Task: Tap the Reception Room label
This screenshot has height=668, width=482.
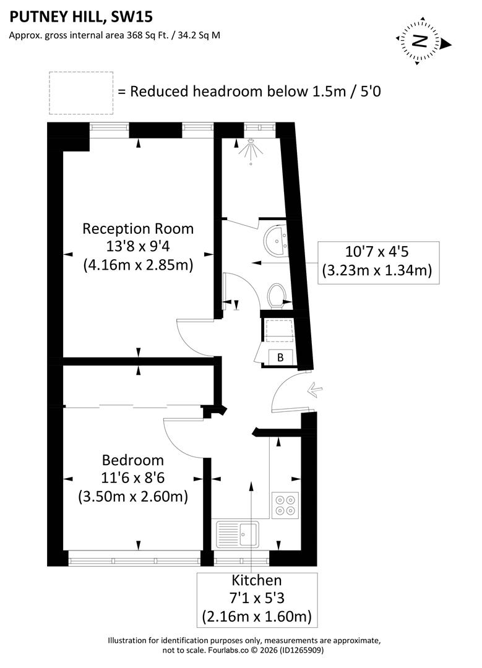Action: coord(138,229)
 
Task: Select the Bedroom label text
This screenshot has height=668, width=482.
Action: coord(133,460)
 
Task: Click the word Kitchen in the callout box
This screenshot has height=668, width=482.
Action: coord(256,580)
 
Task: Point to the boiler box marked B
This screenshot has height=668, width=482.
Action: coord(280,357)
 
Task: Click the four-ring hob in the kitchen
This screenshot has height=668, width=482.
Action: coord(285,505)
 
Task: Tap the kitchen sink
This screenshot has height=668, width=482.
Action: coord(238,534)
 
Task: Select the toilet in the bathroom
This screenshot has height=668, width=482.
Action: coord(276,294)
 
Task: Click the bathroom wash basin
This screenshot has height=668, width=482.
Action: coord(276,240)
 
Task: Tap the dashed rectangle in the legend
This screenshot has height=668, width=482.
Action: coord(81,93)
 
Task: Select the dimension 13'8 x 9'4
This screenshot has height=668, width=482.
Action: coord(138,247)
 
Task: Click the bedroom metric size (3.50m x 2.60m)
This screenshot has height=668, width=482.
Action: coord(133,496)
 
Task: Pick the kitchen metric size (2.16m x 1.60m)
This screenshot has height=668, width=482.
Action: coord(256,616)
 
